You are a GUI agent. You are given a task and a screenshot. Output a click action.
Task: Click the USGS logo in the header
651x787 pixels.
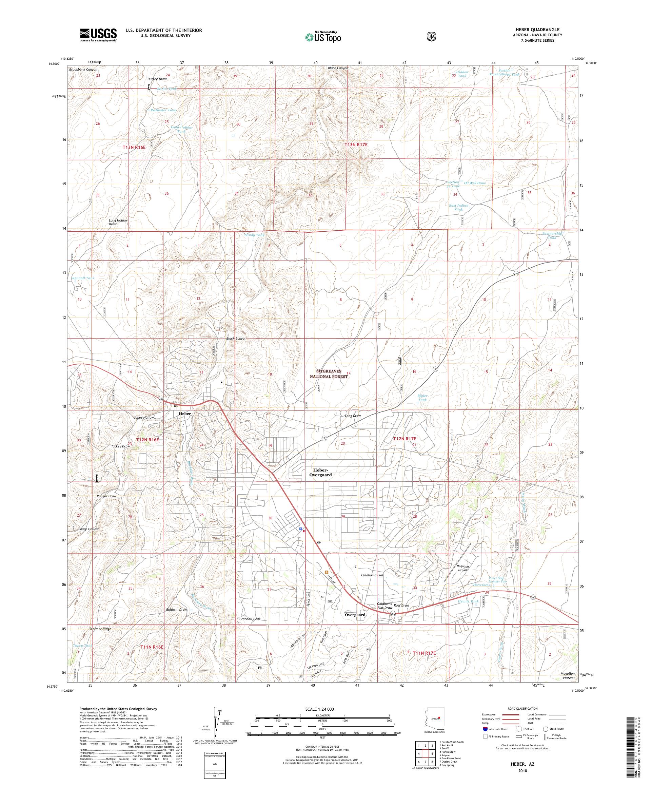point(98,35)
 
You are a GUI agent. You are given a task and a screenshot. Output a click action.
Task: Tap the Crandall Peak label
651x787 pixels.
point(250,619)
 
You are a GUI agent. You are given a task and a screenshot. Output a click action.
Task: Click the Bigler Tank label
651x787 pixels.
point(422,398)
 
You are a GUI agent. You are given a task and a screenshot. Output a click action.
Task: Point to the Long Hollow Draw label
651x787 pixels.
point(118,222)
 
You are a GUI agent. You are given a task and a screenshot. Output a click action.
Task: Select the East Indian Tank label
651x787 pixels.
point(458,207)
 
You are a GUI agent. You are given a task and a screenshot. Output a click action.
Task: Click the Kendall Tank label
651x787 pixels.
point(83,278)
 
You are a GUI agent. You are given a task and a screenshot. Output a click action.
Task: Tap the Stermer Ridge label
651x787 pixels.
point(100,629)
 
